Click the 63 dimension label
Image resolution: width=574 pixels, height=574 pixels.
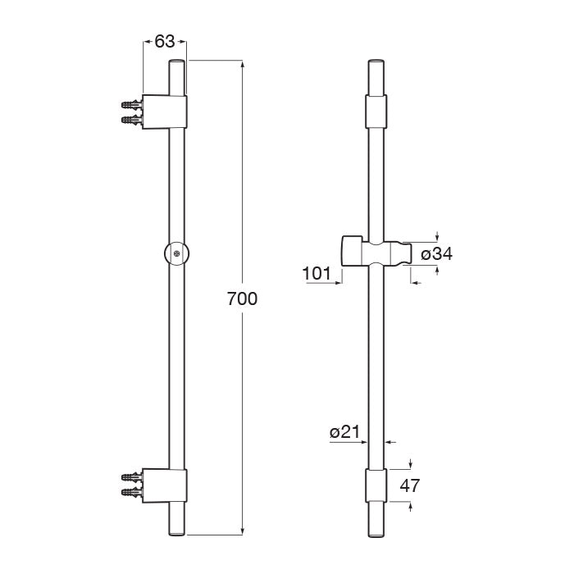(165, 42)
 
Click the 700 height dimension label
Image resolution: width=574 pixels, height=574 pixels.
(242, 298)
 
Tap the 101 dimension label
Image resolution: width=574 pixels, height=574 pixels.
(316, 272)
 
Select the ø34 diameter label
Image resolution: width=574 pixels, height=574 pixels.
(436, 254)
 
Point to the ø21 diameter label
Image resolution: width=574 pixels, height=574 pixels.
(345, 431)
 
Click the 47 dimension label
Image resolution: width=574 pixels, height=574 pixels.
(410, 485)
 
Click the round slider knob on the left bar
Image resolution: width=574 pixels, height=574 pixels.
(177, 253)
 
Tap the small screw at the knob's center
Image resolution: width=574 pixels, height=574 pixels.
(177, 253)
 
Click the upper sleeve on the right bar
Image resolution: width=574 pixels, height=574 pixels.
(374, 111)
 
